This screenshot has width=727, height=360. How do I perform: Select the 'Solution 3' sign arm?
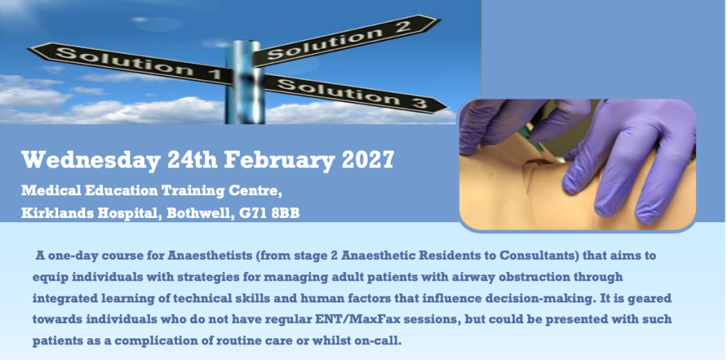pos(355,94)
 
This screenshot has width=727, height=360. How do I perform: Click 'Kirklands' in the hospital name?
pos(51,214)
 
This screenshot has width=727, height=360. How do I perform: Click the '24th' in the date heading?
pos(193,160)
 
